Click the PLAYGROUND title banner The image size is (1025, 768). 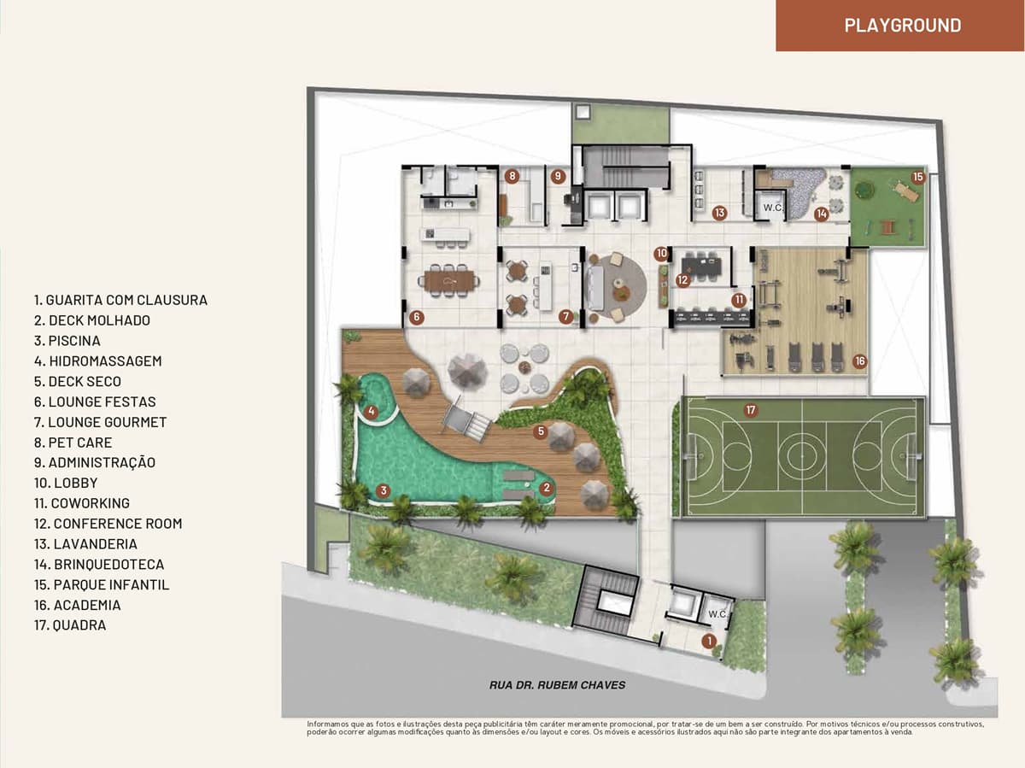click(899, 26)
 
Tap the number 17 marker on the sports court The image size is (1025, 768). click(751, 410)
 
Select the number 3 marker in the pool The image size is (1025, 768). click(384, 490)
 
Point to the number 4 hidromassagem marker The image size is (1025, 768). click(372, 411)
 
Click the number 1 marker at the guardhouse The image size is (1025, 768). click(709, 641)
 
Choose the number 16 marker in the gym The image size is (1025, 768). click(859, 361)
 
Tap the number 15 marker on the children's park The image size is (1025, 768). click(918, 177)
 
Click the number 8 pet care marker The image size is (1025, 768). click(512, 176)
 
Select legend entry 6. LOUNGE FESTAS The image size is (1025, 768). click(95, 402)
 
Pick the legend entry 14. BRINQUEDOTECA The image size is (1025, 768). click(99, 564)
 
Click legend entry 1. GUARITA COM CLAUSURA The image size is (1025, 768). click(120, 300)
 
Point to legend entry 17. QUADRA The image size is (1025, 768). click(70, 624)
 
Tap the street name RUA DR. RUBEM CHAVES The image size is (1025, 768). click(557, 685)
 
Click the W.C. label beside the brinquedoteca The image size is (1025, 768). click(773, 208)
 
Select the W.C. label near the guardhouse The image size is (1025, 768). click(717, 614)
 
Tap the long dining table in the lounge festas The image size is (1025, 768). click(448, 281)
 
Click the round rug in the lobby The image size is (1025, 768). click(616, 287)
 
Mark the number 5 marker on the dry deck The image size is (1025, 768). click(541, 431)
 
